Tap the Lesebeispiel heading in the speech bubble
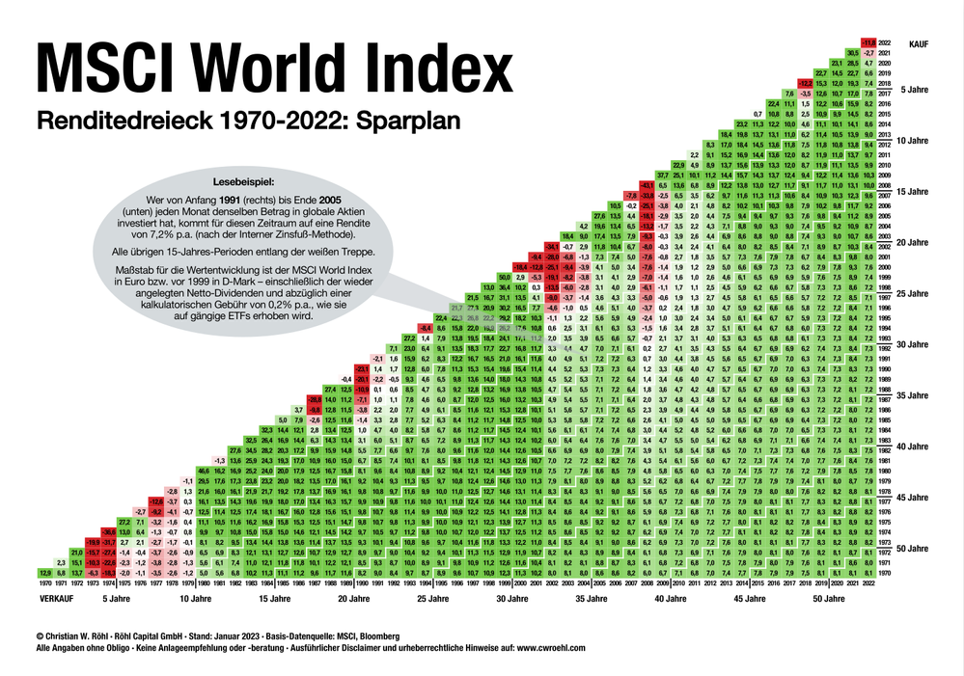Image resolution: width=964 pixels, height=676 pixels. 244,181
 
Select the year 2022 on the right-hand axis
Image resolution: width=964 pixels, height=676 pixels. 885,41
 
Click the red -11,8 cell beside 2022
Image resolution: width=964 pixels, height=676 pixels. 868,41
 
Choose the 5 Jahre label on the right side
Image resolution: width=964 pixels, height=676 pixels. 916,89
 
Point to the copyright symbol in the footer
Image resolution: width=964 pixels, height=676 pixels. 39,636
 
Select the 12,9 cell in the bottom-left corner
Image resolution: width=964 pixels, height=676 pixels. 46,573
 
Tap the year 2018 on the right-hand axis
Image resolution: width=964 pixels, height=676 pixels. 885,83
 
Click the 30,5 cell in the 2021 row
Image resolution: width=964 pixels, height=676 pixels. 853,51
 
